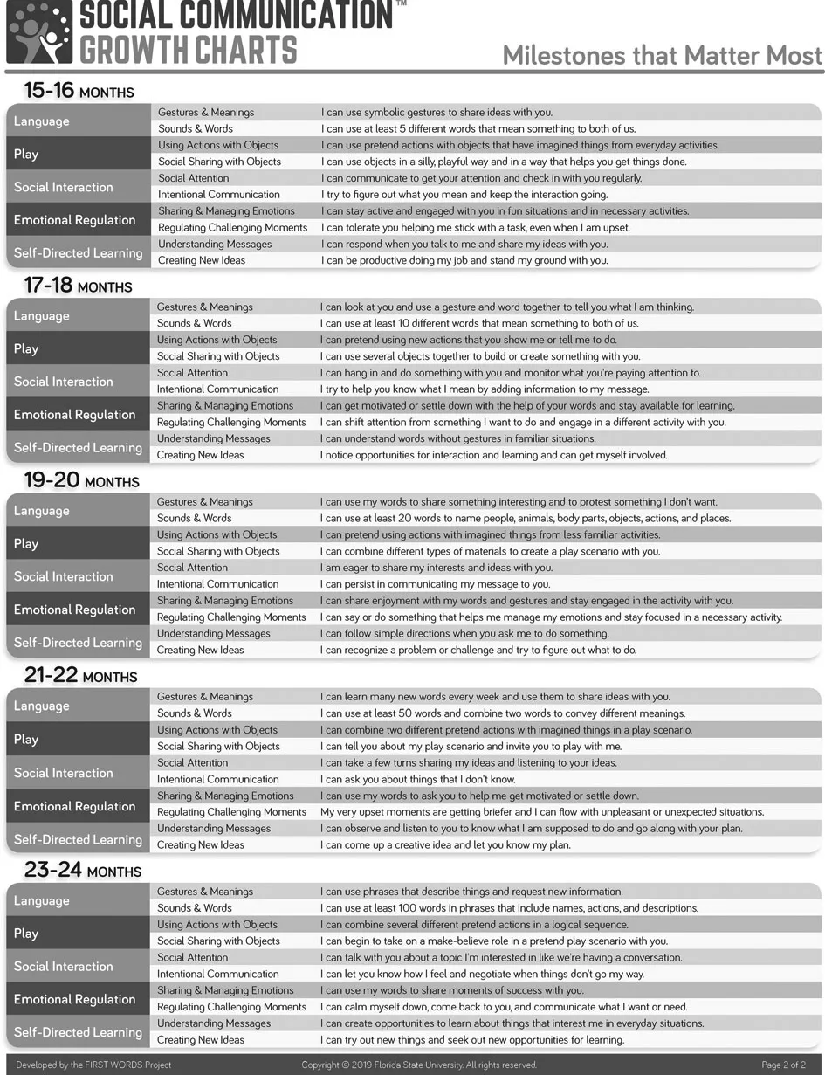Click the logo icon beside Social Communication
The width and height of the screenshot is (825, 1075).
point(39,32)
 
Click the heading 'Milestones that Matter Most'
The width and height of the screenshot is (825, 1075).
point(663,55)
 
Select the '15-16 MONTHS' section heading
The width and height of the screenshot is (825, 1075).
point(79,91)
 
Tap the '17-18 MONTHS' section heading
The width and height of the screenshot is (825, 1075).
point(78,286)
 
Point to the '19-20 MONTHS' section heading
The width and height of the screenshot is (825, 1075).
point(81,480)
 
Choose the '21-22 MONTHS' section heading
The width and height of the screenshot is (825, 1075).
point(81,676)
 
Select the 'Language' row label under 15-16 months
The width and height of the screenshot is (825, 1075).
point(42,121)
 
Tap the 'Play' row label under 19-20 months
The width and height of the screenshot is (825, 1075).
point(26,543)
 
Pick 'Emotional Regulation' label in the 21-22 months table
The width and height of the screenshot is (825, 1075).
point(74,806)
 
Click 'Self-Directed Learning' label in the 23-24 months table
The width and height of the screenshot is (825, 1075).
point(78,1032)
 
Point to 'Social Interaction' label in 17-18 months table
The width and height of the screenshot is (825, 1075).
point(63,382)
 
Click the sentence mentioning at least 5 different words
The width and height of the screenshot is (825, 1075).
point(478,128)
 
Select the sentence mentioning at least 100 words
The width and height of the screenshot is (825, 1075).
point(510,908)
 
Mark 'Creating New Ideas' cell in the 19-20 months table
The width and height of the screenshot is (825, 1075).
point(200,650)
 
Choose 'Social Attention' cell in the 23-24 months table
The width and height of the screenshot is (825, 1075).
point(192,957)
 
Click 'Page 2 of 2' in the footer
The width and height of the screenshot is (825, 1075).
point(783,1065)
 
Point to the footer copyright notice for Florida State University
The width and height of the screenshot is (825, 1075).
point(419,1065)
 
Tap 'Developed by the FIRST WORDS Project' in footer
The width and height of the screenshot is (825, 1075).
point(93,1065)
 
